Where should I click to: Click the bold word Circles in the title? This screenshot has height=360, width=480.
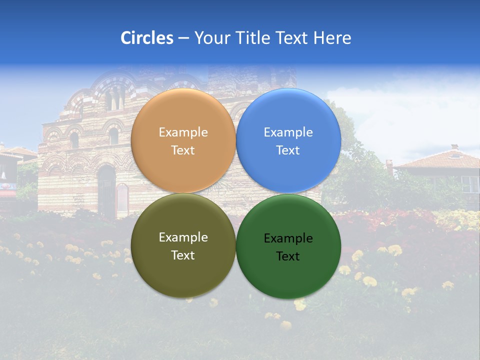[x=147, y=38]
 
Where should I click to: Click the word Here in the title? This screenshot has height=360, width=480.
[x=332, y=38]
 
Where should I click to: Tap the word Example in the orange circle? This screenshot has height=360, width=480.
[x=183, y=132]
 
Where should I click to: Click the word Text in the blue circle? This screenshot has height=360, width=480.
[x=288, y=150]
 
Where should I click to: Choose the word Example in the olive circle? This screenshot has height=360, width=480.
[x=183, y=237]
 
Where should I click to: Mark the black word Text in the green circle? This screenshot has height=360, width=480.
[x=288, y=256]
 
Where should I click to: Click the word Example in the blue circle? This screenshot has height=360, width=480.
[x=288, y=132]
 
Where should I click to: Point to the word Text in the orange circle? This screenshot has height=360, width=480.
[x=183, y=150]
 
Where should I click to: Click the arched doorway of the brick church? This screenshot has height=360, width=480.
[x=106, y=190]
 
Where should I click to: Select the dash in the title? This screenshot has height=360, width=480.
[x=183, y=38]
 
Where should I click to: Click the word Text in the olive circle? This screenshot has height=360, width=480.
[x=183, y=255]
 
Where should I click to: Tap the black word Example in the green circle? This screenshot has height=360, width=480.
[x=288, y=238]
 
